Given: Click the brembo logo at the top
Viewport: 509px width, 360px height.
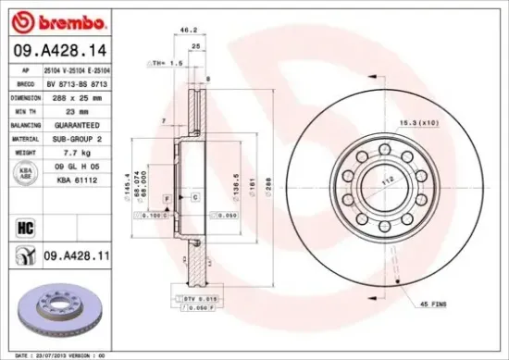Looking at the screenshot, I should tap(56, 20).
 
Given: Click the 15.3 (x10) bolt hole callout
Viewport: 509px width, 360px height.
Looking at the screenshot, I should tap(443, 123).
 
